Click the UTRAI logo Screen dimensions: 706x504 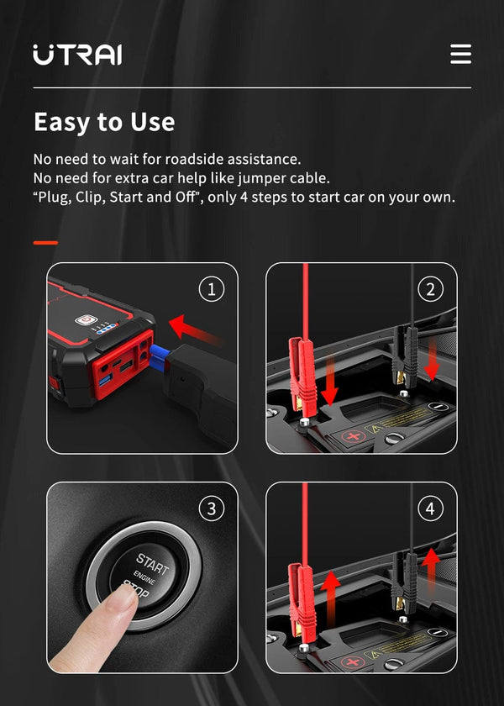coord(77,55)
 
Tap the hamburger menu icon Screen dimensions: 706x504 coord(460,55)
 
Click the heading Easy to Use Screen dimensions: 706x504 coord(104,123)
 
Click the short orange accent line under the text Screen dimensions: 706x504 coord(45,243)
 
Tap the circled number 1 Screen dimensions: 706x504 coord(211,290)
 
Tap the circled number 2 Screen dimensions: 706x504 coord(431,290)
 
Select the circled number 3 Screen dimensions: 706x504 coord(211,508)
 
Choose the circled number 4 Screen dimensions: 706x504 coord(431,508)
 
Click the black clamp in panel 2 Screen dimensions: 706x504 coord(404,353)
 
